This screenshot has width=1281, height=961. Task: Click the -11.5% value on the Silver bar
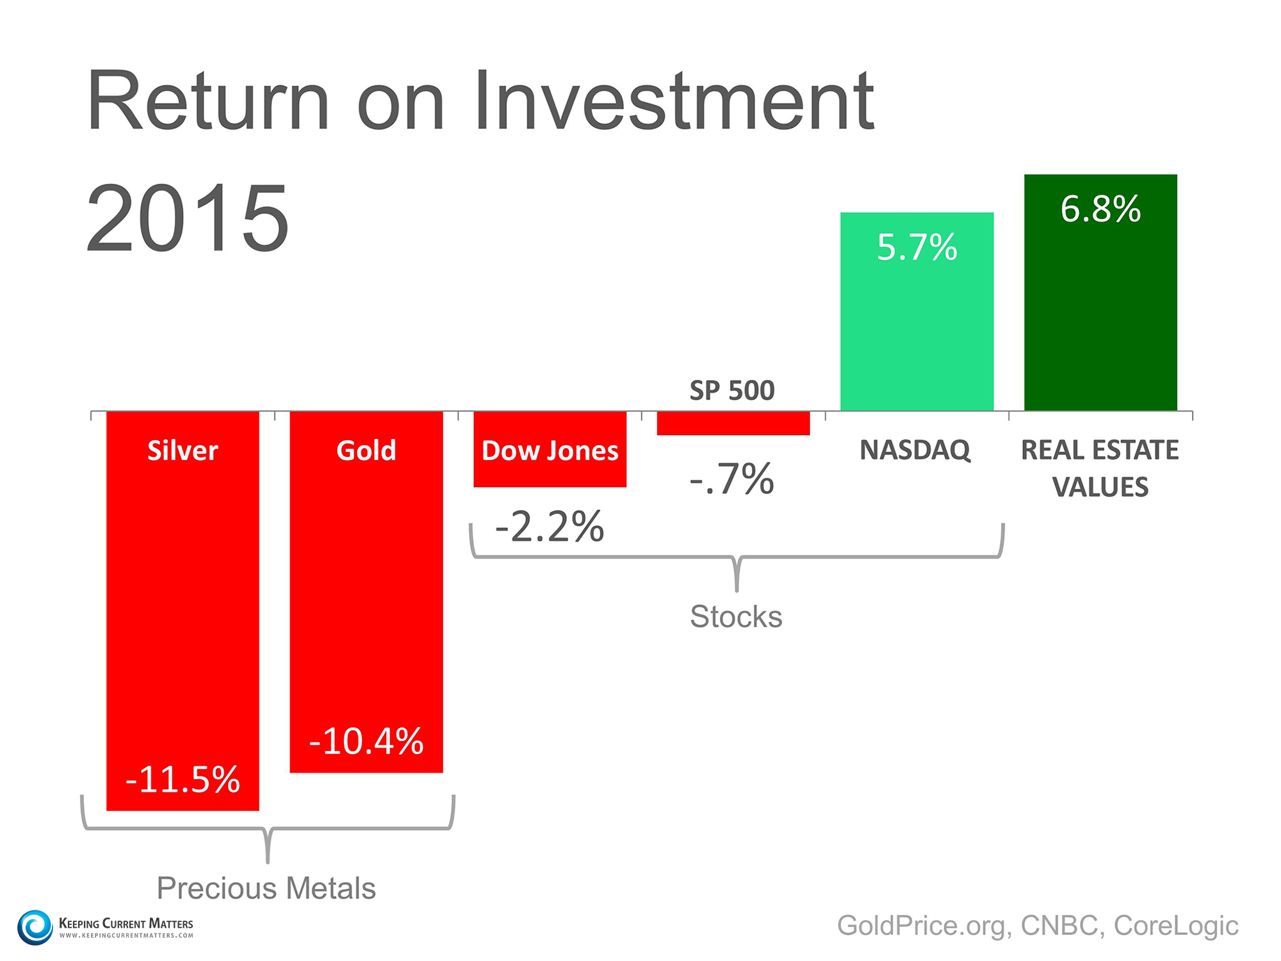coord(183,780)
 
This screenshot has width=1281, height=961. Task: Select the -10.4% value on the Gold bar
coord(366,741)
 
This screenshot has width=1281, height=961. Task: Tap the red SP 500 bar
coord(733,423)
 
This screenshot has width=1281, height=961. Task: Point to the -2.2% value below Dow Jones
coord(550,527)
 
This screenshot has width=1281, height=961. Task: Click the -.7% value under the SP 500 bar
coord(732,479)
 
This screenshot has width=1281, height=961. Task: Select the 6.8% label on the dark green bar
coord(1100,209)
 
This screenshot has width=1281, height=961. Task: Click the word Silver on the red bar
coord(183,450)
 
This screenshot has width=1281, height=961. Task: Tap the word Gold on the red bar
coord(366,450)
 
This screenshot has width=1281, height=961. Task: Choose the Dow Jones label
coord(550,450)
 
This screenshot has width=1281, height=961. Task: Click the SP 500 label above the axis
coord(732,390)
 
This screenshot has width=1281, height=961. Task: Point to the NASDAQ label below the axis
coord(915,450)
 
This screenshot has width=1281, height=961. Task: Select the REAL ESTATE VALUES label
coord(1100,468)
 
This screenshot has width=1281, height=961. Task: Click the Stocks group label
coord(736,616)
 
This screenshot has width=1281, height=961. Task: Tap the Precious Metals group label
coord(266,888)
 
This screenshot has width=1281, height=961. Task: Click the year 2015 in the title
coord(188,218)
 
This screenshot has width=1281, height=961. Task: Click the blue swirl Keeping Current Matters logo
coord(35,927)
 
